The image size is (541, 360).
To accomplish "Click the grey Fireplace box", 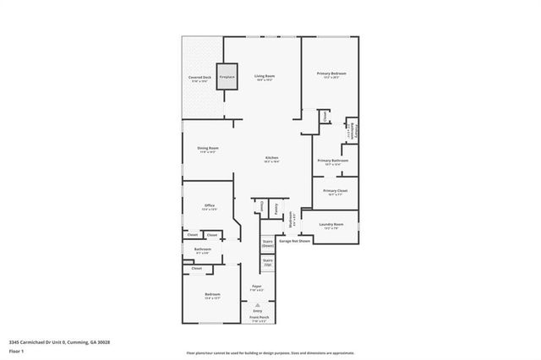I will [227, 76].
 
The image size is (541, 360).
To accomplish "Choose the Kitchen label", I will [271, 159].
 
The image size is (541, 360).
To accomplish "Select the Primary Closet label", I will [335, 192].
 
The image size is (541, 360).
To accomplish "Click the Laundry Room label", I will [331, 226].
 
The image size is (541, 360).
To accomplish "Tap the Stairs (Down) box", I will [268, 244].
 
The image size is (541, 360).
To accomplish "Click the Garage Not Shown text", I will [295, 241].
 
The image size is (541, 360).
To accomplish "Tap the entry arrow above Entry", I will [257, 303].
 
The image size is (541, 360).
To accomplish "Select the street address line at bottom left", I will [59, 342].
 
